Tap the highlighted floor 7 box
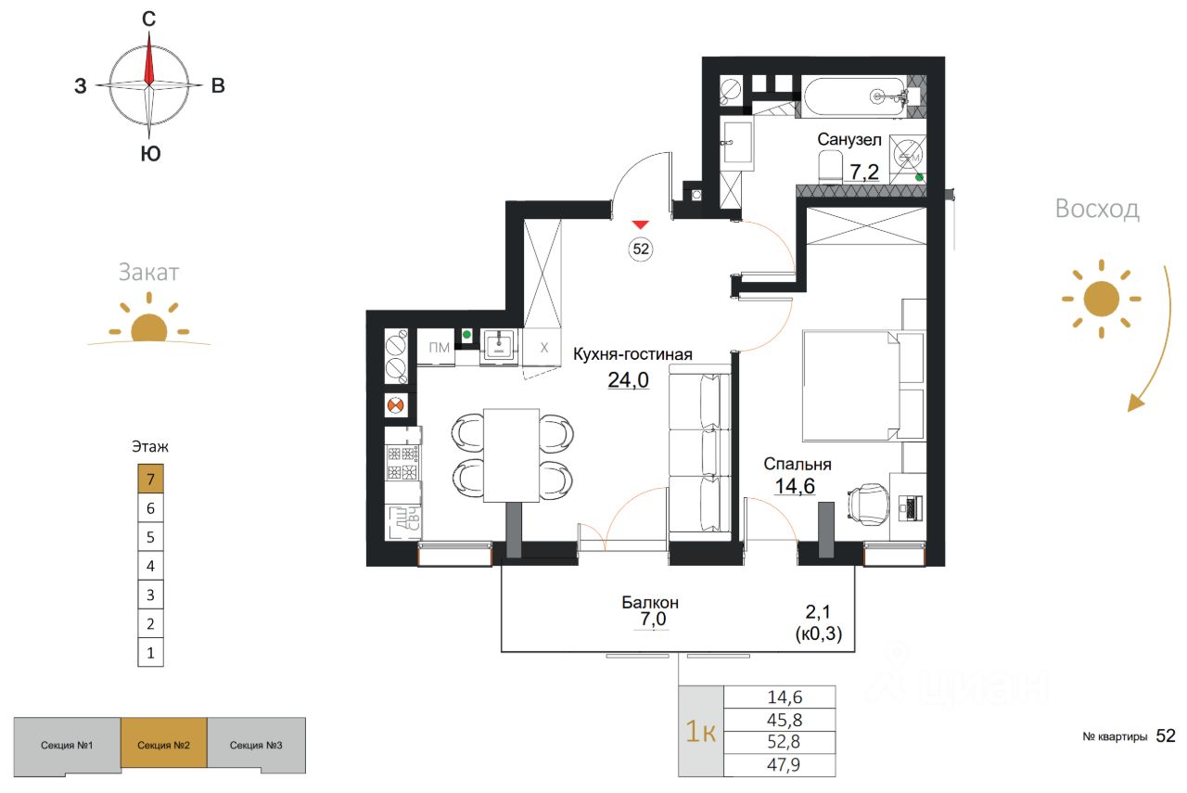click(x=150, y=479)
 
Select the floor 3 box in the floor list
click(x=150, y=595)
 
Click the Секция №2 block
click(x=163, y=746)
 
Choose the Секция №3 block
click(x=256, y=746)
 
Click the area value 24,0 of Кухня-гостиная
click(x=628, y=380)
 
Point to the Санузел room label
click(x=849, y=139)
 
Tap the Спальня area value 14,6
click(x=795, y=486)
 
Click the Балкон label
click(x=650, y=602)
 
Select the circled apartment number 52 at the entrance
click(x=641, y=249)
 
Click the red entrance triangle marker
click(x=640, y=224)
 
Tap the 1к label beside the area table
click(x=700, y=732)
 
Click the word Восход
click(x=1097, y=209)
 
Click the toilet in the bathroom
click(x=830, y=166)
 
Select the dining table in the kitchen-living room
click(x=511, y=454)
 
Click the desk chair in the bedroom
click(x=868, y=505)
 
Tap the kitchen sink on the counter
click(x=499, y=347)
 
